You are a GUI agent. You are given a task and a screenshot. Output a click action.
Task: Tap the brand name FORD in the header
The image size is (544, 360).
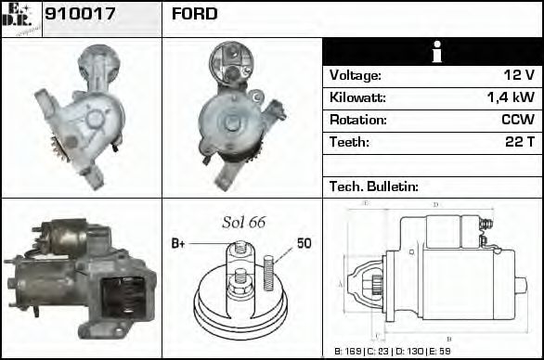click(195, 14)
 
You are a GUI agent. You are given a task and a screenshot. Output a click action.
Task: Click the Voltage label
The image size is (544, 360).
click(355, 76)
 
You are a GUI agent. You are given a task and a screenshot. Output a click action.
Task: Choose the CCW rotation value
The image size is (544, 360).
click(517, 121)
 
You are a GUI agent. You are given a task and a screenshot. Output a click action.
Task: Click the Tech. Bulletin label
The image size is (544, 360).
click(373, 186)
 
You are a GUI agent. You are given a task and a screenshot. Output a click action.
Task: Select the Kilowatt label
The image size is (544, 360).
click(357, 98)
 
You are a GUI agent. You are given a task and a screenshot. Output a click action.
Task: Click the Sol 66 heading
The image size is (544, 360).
click(243, 223)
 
